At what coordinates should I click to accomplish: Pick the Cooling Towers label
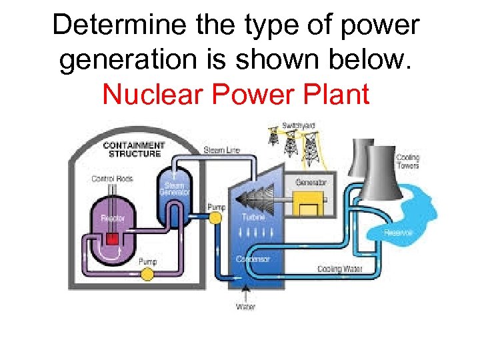[408, 162]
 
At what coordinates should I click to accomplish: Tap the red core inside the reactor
[112, 239]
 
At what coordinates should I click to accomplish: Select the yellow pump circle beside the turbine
[215, 221]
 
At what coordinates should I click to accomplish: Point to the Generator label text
[311, 182]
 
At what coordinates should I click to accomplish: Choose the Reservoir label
[399, 233]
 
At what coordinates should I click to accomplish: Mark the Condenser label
[253, 259]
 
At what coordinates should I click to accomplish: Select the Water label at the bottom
[245, 307]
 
